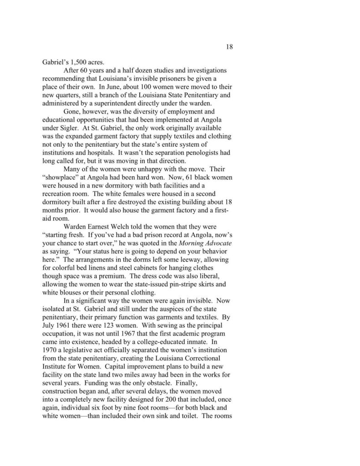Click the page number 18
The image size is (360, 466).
pyautogui.click(x=229, y=46)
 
